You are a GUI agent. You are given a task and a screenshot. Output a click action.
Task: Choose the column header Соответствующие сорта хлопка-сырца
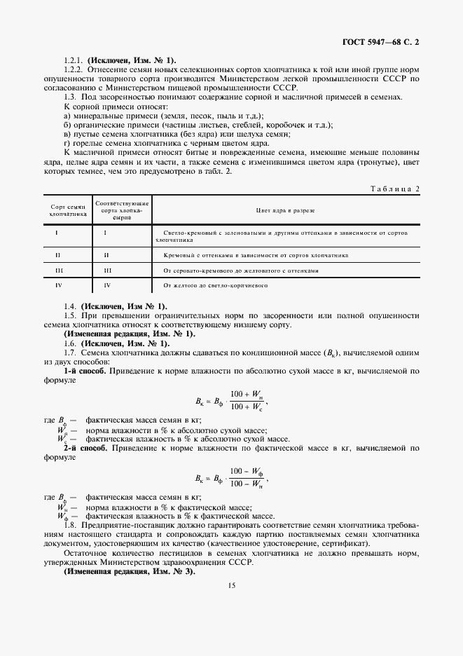[123, 209]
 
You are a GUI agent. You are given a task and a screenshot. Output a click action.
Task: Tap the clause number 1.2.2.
[74, 70]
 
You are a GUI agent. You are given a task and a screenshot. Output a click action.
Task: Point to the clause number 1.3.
[69, 97]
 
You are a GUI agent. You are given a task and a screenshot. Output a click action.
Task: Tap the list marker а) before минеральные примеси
[67, 115]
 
